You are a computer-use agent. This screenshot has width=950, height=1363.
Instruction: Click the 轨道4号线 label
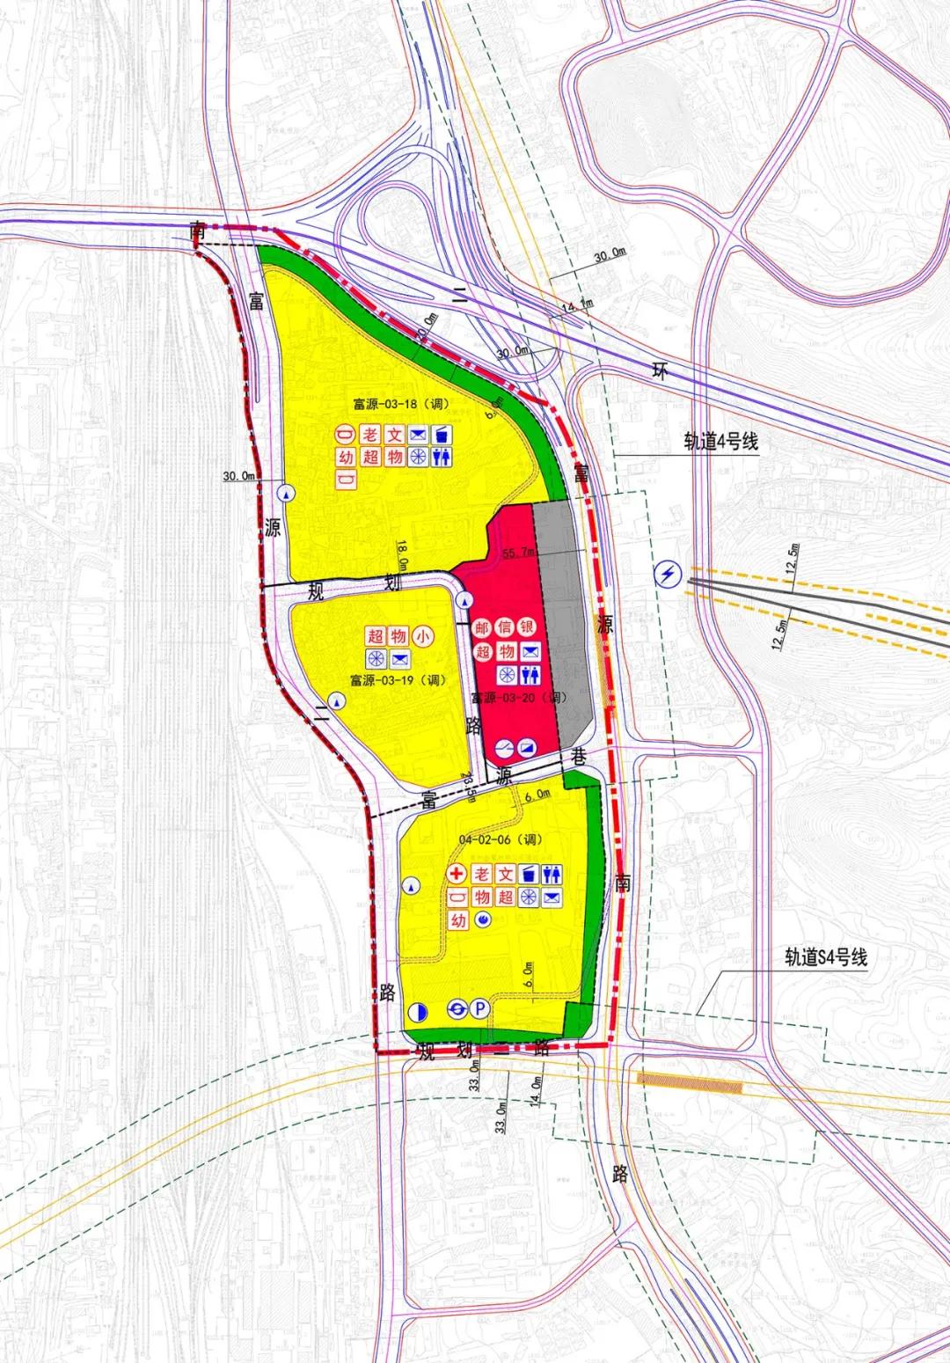[x=720, y=442]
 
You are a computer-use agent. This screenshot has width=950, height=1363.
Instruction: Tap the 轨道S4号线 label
[x=826, y=957]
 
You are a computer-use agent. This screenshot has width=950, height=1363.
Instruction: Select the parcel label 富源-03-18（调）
[x=400, y=405]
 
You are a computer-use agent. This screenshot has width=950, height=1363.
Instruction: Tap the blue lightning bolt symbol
[x=669, y=575]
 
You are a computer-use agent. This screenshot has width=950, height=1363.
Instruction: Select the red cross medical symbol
[x=457, y=874]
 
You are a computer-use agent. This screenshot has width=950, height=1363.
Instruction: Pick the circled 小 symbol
[x=423, y=634]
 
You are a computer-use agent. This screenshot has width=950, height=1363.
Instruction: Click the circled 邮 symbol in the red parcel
[x=482, y=627]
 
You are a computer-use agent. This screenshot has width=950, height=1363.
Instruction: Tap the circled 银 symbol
[x=529, y=627]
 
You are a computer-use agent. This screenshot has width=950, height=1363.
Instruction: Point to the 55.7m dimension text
[x=519, y=553]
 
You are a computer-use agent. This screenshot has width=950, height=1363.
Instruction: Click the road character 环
[x=660, y=370]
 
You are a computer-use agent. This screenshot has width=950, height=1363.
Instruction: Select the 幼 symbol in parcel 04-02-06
[x=458, y=920]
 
